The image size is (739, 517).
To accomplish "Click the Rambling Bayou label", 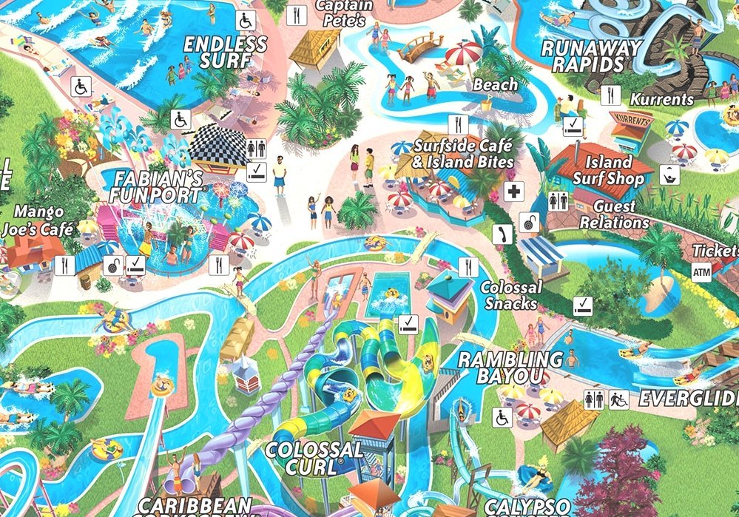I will (510, 368).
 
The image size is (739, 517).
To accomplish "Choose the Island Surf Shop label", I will (609, 170).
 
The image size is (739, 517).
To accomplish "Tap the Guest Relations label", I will (615, 214).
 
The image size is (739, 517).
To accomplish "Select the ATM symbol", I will (702, 272).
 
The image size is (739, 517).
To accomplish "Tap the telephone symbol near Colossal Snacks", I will (503, 235).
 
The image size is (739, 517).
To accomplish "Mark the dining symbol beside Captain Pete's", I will (297, 14).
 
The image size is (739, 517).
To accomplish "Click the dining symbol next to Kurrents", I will (611, 95).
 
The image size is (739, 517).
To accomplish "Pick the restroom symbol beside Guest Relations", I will (558, 201).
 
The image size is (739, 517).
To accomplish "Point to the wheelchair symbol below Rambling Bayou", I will (502, 417).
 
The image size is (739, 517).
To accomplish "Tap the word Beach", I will (496, 85).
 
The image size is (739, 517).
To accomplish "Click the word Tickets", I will (715, 250).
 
